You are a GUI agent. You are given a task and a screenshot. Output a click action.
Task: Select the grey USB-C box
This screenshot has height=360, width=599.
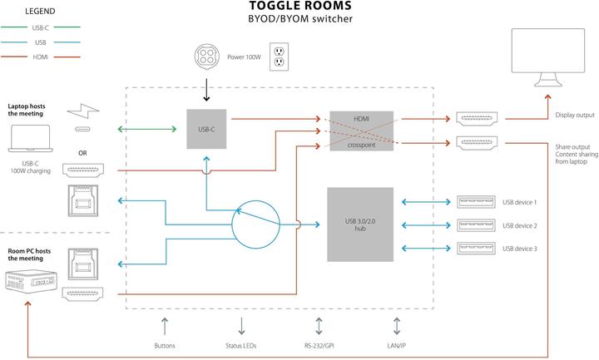click(206, 129)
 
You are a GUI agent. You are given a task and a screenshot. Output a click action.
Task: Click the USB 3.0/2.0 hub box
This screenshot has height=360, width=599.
click(361, 224)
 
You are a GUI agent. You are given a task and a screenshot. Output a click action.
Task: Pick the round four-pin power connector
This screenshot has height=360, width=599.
click(205, 58)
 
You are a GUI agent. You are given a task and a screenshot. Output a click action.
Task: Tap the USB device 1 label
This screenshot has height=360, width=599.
click(520, 202)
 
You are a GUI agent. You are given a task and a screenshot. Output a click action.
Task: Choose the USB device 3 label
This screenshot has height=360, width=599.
click(520, 249)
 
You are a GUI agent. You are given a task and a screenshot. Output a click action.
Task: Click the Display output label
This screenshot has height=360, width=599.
click(575, 116)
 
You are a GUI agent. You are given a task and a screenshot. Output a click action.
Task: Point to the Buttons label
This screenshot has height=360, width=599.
click(165, 346)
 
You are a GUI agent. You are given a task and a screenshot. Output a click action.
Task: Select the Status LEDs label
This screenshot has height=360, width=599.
click(241, 346)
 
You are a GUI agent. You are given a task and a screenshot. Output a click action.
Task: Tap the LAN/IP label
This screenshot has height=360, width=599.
click(398, 346)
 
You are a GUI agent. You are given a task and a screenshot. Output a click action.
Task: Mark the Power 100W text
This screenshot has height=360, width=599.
click(245, 58)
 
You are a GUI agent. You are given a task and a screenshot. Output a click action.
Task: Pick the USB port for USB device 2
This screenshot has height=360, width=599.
click(476, 225)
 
